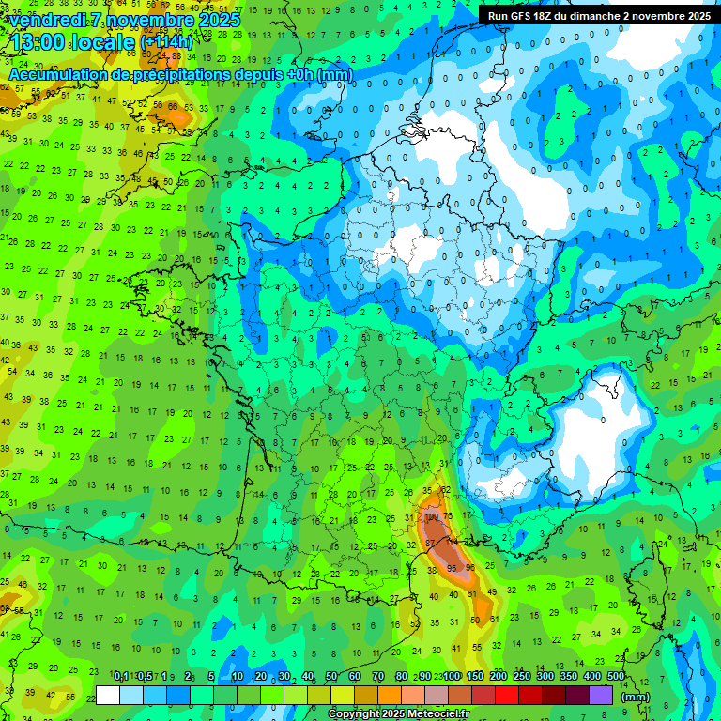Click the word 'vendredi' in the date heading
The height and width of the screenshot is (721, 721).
coord(48,20)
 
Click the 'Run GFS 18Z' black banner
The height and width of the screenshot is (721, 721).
coord(598,16)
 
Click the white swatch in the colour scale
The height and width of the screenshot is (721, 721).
coord(108,695)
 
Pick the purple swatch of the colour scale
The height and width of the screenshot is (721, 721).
coord(601,695)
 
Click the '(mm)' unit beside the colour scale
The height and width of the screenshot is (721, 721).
coord(636,697)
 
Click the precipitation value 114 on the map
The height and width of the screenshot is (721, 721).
coord(451,541)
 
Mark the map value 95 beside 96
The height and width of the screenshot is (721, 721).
coord(453,569)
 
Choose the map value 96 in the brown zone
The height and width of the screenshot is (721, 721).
coord(470,567)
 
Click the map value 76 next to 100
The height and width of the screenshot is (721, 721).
coord(448,516)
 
